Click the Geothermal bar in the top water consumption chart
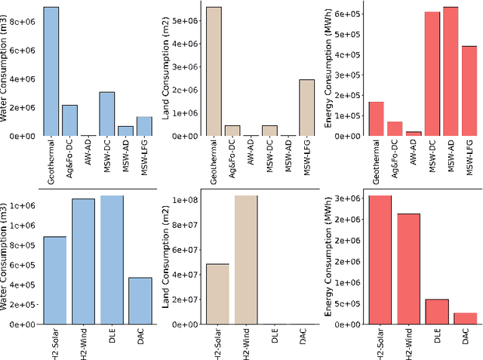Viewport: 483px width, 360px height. (x=51, y=72)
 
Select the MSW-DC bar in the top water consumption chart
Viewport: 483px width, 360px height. (x=108, y=114)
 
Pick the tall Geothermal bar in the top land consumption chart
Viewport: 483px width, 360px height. (x=214, y=72)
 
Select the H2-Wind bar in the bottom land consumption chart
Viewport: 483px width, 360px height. (x=245, y=260)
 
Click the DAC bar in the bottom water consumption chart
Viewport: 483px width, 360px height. (x=140, y=301)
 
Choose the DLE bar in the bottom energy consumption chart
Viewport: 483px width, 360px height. (x=436, y=312)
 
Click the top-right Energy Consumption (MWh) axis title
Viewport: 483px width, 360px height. (x=330, y=72)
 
